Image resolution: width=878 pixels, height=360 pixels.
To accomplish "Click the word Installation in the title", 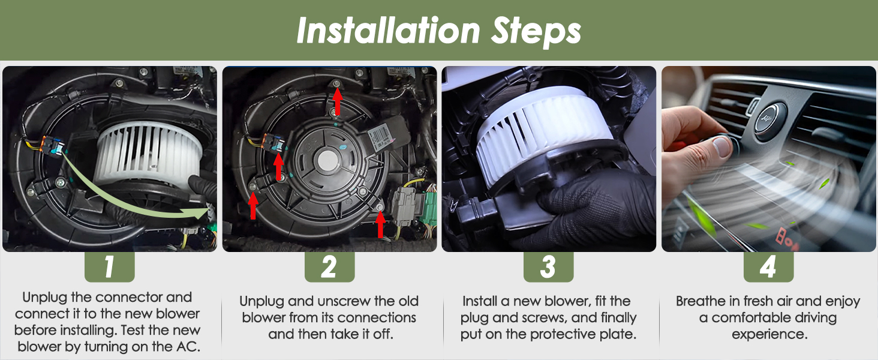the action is point(389,31).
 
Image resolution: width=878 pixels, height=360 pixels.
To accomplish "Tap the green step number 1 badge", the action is point(109,266).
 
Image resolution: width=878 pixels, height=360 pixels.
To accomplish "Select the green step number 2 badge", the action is point(329,266).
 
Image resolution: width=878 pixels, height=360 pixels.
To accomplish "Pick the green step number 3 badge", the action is point(548,266).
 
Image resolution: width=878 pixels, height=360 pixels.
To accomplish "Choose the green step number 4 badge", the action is point(768,266).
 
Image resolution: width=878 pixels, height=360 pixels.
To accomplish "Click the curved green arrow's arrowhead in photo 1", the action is point(197,213).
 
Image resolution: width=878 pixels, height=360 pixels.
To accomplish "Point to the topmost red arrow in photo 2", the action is point(337,102).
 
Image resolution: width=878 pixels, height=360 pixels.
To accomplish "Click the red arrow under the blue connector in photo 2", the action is point(279,166).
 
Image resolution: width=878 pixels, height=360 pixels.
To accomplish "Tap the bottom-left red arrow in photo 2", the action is point(253,205).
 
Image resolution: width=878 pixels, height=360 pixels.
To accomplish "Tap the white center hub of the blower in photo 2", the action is point(327,160).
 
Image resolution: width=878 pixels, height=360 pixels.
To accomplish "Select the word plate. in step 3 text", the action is point(617,334).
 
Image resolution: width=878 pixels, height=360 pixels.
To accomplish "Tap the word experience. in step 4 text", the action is point(769,335).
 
